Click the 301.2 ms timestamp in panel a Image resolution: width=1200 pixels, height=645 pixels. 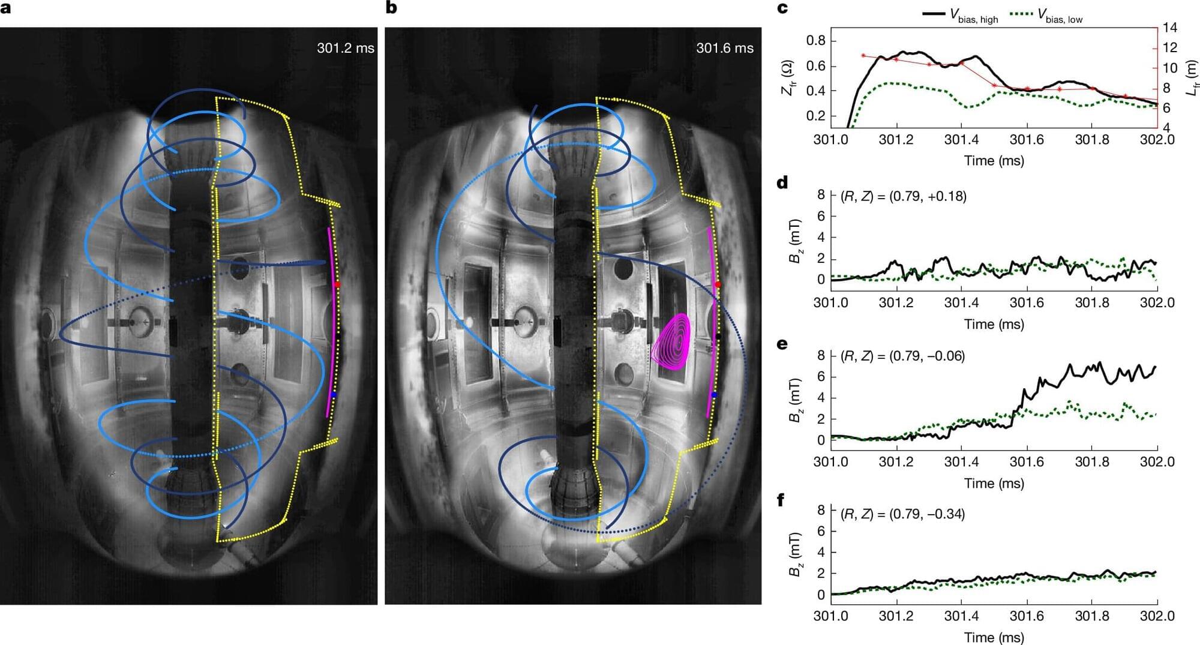(x=345, y=48)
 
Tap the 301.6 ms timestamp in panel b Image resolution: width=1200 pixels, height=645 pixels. (x=724, y=48)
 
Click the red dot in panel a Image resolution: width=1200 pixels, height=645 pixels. (x=337, y=284)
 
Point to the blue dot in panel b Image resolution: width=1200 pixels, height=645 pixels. (x=713, y=394)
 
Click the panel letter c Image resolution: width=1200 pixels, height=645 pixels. (x=782, y=8)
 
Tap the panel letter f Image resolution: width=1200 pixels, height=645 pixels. (x=781, y=500)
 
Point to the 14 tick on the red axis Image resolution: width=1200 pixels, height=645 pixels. (x=1169, y=28)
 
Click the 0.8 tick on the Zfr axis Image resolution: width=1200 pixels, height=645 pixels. (x=816, y=41)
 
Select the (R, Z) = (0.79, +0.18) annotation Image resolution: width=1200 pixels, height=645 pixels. (x=904, y=196)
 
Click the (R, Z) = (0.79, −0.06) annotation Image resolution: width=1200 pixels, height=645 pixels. (x=902, y=356)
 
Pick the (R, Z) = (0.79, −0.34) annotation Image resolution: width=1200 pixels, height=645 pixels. (x=902, y=514)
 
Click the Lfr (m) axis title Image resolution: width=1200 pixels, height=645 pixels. (x=1192, y=76)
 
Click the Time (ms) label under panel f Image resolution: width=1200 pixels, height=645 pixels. (x=994, y=637)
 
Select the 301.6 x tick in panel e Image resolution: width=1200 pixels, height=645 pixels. (x=1027, y=461)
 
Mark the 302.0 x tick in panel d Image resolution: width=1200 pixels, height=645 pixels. (x=1157, y=302)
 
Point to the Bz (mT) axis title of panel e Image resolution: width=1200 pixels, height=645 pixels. (x=796, y=400)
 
